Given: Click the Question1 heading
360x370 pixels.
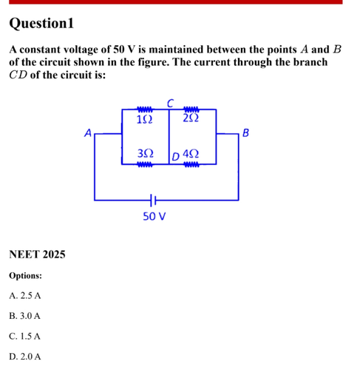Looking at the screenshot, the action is point(41,24).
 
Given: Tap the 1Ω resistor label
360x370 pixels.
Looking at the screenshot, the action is point(144,120).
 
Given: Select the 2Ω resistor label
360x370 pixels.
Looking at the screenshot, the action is point(191,118).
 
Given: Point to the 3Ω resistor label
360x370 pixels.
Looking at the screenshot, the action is point(146,153).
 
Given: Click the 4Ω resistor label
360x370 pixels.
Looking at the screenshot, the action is point(191,154).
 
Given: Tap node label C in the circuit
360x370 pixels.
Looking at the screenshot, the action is point(171,103).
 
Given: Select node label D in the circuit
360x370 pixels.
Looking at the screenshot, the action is point(175,156).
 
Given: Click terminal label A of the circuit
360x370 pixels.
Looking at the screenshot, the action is point(88,132).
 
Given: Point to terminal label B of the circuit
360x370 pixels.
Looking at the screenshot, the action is point(245,132).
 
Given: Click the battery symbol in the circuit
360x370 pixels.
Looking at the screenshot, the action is point(153,200).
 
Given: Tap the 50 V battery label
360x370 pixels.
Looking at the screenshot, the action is point(154,216).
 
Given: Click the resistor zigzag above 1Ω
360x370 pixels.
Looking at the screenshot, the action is point(145,109).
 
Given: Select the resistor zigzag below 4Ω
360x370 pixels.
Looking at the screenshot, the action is point(191,164).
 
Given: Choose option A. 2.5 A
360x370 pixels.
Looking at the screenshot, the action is point(25,295).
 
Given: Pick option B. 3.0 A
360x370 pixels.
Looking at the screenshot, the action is point(24,316).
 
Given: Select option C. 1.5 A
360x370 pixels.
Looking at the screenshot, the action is point(24,336).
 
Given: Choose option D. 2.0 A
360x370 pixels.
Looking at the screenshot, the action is point(25,357).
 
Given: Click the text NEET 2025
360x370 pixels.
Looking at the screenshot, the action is point(37,255).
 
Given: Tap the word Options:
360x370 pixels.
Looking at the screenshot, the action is point(26,275).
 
